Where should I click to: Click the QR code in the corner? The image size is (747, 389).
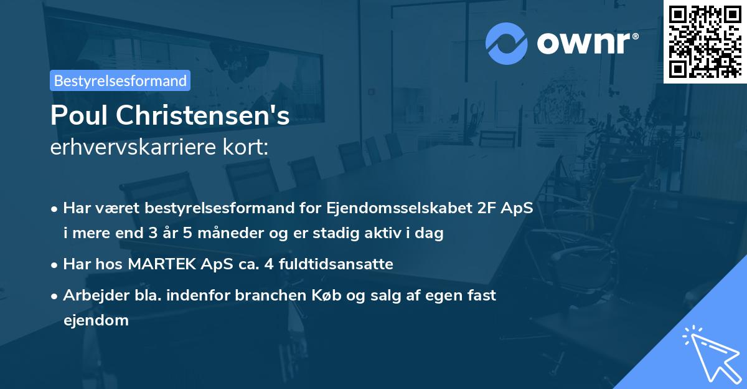coord(705,41)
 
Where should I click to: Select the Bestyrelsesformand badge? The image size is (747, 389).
coord(120,80)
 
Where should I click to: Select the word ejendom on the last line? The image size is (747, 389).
coord(96,320)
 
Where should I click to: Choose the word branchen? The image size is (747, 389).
coord(266,295)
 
